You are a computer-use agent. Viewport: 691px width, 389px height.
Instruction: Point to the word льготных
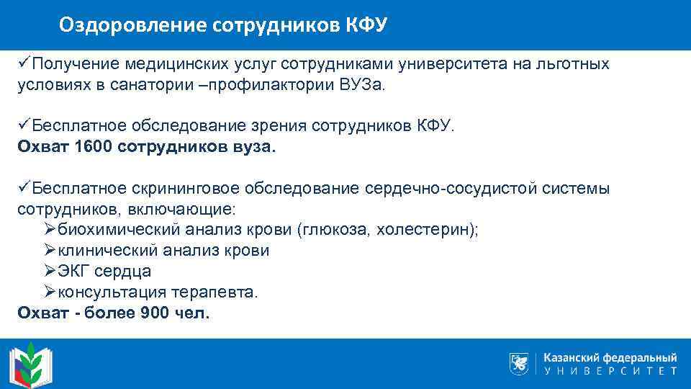(575, 64)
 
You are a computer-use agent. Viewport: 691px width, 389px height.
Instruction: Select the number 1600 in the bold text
(91, 147)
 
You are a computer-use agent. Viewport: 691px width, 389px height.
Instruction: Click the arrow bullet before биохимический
(50, 230)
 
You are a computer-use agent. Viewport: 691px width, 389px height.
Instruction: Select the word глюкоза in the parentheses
(335, 231)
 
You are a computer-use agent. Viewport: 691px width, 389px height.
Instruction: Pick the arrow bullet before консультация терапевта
(50, 292)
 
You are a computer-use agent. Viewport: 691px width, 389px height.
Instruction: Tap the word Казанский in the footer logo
(572, 357)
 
